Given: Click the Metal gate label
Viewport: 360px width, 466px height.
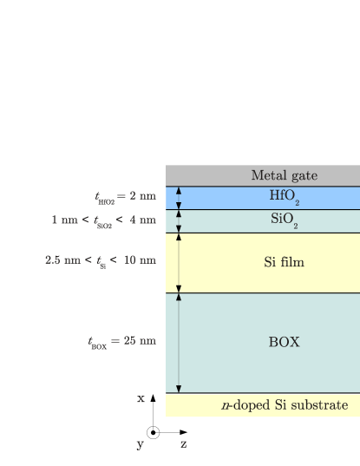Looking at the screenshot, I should [x=284, y=175].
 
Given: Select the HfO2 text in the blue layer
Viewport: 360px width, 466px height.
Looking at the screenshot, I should [x=284, y=197].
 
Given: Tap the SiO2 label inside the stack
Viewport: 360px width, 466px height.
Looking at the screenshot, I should [x=284, y=220].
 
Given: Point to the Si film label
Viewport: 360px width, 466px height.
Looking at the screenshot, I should [x=284, y=262].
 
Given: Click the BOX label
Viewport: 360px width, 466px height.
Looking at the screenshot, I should [x=284, y=342].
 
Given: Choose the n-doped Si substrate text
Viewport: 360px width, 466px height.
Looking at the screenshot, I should [x=284, y=405].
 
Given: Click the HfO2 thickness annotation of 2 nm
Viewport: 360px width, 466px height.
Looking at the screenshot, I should [x=126, y=197].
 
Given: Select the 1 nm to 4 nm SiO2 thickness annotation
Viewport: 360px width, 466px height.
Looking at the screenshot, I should [x=104, y=220].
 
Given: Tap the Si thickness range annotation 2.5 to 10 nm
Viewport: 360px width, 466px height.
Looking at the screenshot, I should [x=101, y=259].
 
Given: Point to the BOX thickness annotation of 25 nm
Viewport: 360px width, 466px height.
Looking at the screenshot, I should [x=121, y=341].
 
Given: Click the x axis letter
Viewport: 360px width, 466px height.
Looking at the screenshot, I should [x=141, y=398].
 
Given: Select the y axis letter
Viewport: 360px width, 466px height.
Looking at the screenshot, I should [x=140, y=444].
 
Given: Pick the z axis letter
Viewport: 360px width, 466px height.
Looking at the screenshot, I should [x=183, y=444].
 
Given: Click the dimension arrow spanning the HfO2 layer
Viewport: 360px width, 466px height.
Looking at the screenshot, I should [x=179, y=198].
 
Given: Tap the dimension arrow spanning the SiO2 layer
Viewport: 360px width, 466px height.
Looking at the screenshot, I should [x=179, y=221].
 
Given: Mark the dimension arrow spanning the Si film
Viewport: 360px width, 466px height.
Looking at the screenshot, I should [x=179, y=263].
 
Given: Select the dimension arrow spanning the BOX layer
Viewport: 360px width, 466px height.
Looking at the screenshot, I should [x=179, y=343].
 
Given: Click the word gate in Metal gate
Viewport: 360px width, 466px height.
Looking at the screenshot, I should [x=303, y=176].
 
